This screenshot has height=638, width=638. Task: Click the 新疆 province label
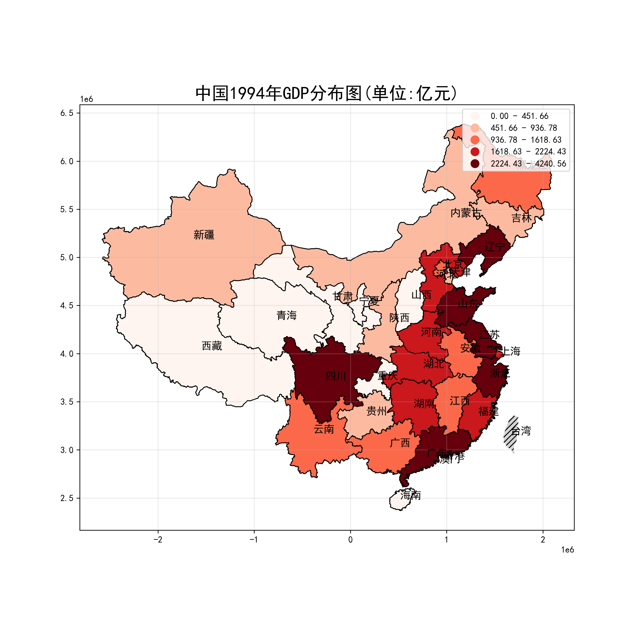point(204,235)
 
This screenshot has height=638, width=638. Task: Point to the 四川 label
point(336,376)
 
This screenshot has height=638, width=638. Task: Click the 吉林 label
point(521,218)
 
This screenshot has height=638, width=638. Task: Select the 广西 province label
point(400,443)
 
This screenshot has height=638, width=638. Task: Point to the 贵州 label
point(376,411)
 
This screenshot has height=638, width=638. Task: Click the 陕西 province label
point(399,318)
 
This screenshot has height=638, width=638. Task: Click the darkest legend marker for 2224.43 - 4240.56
point(475,164)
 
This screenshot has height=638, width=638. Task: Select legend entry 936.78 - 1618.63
point(526,140)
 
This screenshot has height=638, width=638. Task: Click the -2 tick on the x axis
point(158,540)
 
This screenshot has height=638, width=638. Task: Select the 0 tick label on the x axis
point(350,540)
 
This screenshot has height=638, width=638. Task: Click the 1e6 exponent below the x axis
point(567,550)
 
